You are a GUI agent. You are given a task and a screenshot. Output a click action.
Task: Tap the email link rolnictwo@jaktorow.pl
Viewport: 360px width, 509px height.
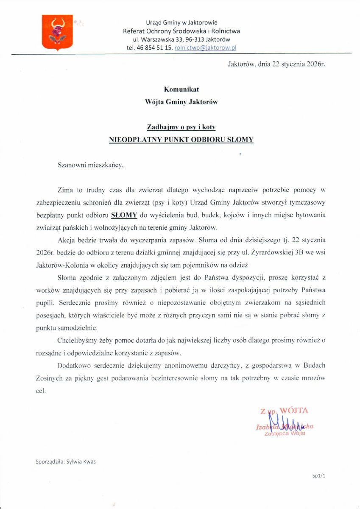pyautogui.click(x=205, y=48)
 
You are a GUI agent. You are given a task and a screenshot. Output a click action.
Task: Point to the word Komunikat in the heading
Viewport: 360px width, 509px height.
pyautogui.click(x=181, y=89)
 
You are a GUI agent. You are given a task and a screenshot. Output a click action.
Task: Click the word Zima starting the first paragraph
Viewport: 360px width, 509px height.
pyautogui.click(x=65, y=191)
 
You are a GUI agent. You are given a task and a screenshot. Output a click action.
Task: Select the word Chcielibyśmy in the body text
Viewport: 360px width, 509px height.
pyautogui.click(x=75, y=341)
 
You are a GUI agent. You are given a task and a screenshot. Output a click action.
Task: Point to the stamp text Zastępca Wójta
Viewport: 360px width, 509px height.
pyautogui.click(x=284, y=433)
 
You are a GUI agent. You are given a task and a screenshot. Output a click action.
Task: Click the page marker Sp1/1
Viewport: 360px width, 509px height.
pyautogui.click(x=318, y=476)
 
